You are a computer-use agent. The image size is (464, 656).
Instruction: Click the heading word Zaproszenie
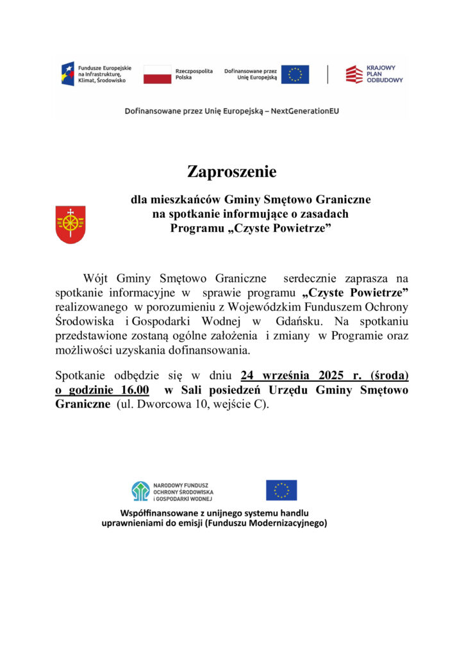tap(231, 172)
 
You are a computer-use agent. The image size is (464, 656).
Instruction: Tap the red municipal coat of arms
tap(70, 224)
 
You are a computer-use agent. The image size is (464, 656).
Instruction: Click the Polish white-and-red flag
tap(157, 74)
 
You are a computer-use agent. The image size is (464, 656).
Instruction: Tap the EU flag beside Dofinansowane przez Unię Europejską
tap(295, 74)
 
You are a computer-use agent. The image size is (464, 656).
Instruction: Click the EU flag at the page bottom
tap(281, 490)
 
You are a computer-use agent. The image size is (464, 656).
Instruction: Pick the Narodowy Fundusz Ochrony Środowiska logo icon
tap(140, 491)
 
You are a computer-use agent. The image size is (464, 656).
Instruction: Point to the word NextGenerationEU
tap(305, 111)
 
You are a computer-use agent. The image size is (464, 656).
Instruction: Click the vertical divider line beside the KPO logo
tap(327, 74)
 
